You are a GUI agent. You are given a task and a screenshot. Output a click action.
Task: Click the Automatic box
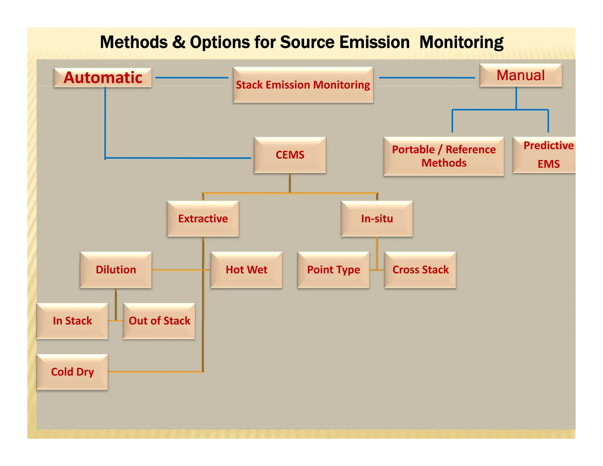pyautogui.click(x=103, y=78)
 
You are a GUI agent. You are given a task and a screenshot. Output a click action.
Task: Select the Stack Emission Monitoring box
pyautogui.click(x=303, y=85)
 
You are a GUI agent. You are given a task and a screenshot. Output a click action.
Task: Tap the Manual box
pyautogui.click(x=521, y=75)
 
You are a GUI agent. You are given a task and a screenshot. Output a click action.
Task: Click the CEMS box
pyautogui.click(x=290, y=155)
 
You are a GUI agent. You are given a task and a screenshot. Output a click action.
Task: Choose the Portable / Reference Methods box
pyautogui.click(x=444, y=156)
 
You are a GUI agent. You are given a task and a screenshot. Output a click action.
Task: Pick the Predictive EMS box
pyautogui.click(x=545, y=155)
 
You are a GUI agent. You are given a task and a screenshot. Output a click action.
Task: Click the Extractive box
pyautogui.click(x=203, y=219)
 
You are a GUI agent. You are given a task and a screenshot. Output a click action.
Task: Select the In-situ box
pyautogui.click(x=377, y=219)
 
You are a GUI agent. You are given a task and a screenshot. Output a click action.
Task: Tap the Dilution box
pyautogui.click(x=116, y=270)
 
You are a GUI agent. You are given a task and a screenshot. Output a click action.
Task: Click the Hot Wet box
pyautogui.click(x=246, y=270)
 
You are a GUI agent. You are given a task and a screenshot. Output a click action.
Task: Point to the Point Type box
pyautogui.click(x=333, y=270)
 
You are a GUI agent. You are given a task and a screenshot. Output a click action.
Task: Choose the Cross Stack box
pyautogui.click(x=420, y=270)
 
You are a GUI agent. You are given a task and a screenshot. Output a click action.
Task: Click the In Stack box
pyautogui.click(x=72, y=321)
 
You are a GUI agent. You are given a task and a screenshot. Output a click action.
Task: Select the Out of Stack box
pyautogui.click(x=159, y=321)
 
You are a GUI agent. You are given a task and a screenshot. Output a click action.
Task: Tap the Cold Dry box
pyautogui.click(x=72, y=372)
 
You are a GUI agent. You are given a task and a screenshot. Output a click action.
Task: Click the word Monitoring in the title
pyautogui.click(x=461, y=42)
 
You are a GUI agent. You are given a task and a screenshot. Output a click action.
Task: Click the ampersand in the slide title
pyautogui.click(x=179, y=42)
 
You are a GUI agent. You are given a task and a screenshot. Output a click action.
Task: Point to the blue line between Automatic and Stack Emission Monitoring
pyautogui.click(x=192, y=78)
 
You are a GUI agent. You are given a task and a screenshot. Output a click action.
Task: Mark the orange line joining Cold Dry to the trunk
pyautogui.click(x=155, y=372)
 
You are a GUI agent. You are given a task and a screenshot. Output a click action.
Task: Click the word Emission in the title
pyautogui.click(x=374, y=42)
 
